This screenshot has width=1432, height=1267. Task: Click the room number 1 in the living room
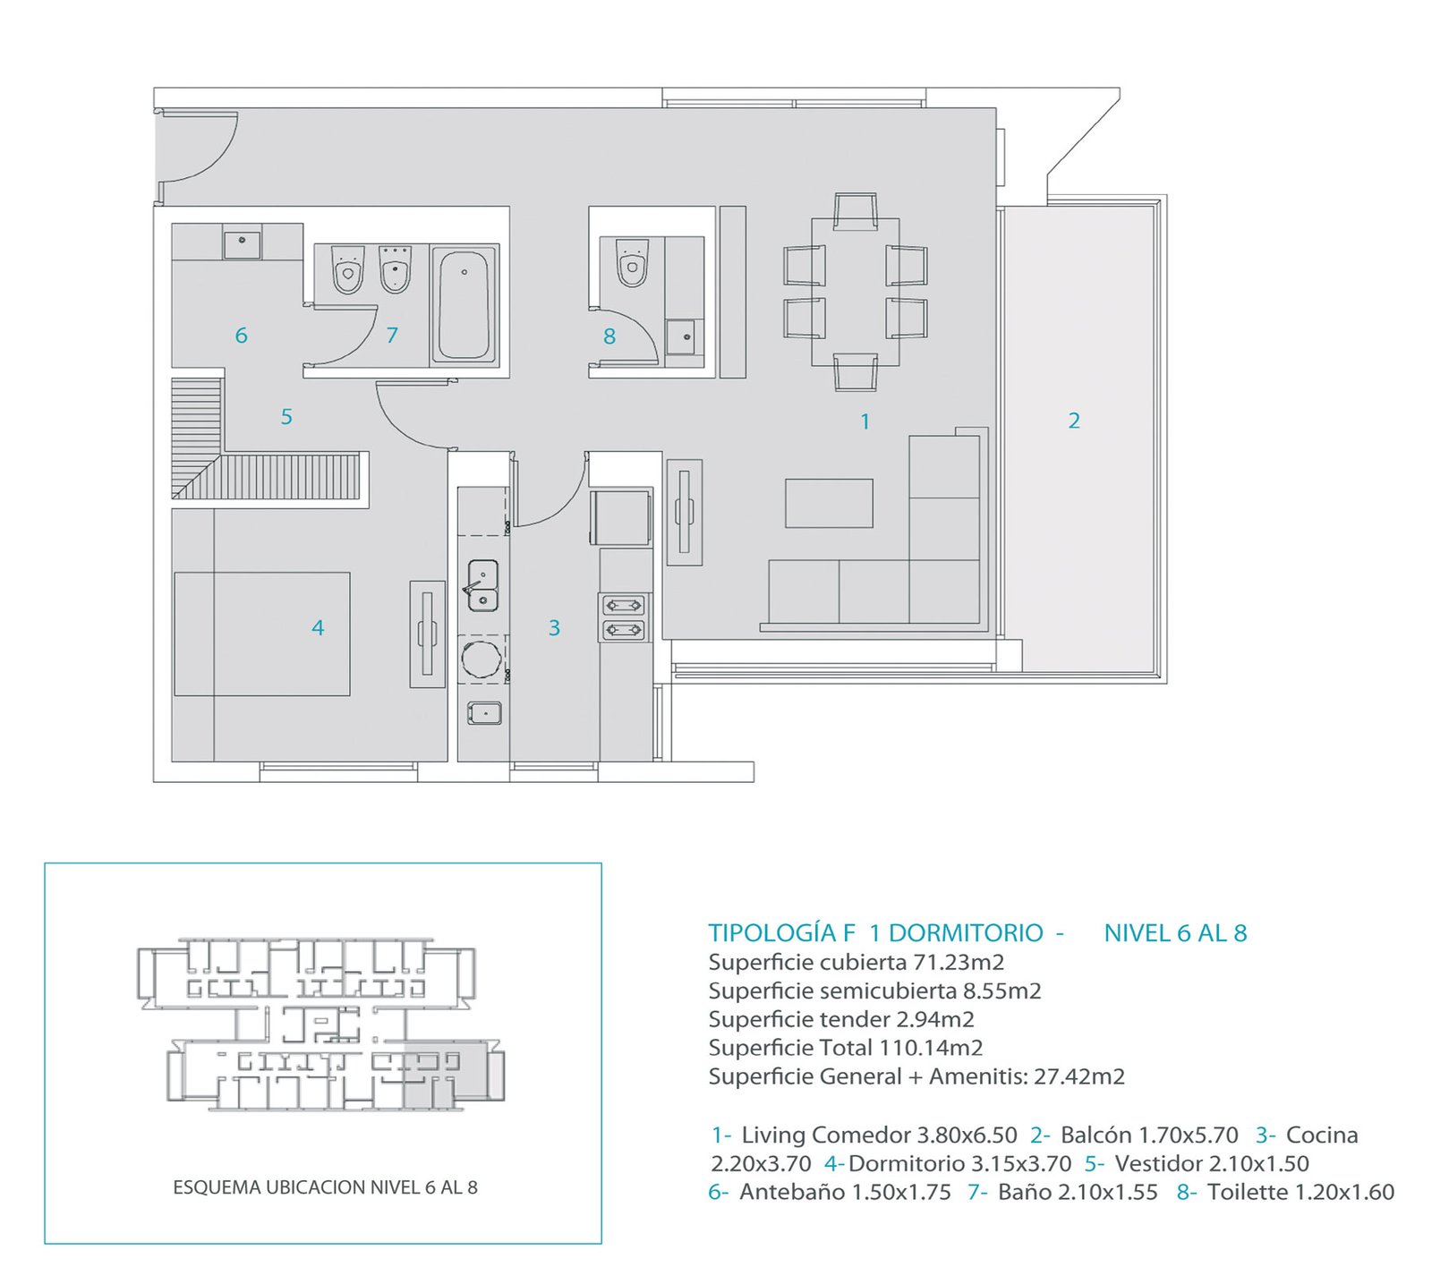[x=865, y=421]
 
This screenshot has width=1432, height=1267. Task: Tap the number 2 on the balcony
[x=1074, y=421]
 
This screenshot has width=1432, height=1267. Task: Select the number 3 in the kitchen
[x=554, y=628]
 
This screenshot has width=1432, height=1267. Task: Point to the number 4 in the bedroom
[x=318, y=628]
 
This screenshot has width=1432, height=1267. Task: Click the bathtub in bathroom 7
[x=465, y=305]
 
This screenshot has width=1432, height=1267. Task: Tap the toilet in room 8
[x=633, y=262]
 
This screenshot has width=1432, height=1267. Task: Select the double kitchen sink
[x=483, y=586]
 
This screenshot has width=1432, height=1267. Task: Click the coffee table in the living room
[x=829, y=503]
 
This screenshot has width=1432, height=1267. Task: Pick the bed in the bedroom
[x=261, y=633]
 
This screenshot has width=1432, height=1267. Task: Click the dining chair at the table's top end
[x=856, y=211]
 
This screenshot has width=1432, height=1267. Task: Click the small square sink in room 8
[x=685, y=336]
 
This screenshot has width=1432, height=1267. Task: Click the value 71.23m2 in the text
[x=959, y=963]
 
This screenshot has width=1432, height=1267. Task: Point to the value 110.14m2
[x=931, y=1048]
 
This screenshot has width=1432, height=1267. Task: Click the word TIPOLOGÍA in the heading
[x=772, y=933]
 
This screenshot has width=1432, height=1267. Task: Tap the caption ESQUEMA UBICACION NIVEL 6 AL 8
[x=325, y=1187]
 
